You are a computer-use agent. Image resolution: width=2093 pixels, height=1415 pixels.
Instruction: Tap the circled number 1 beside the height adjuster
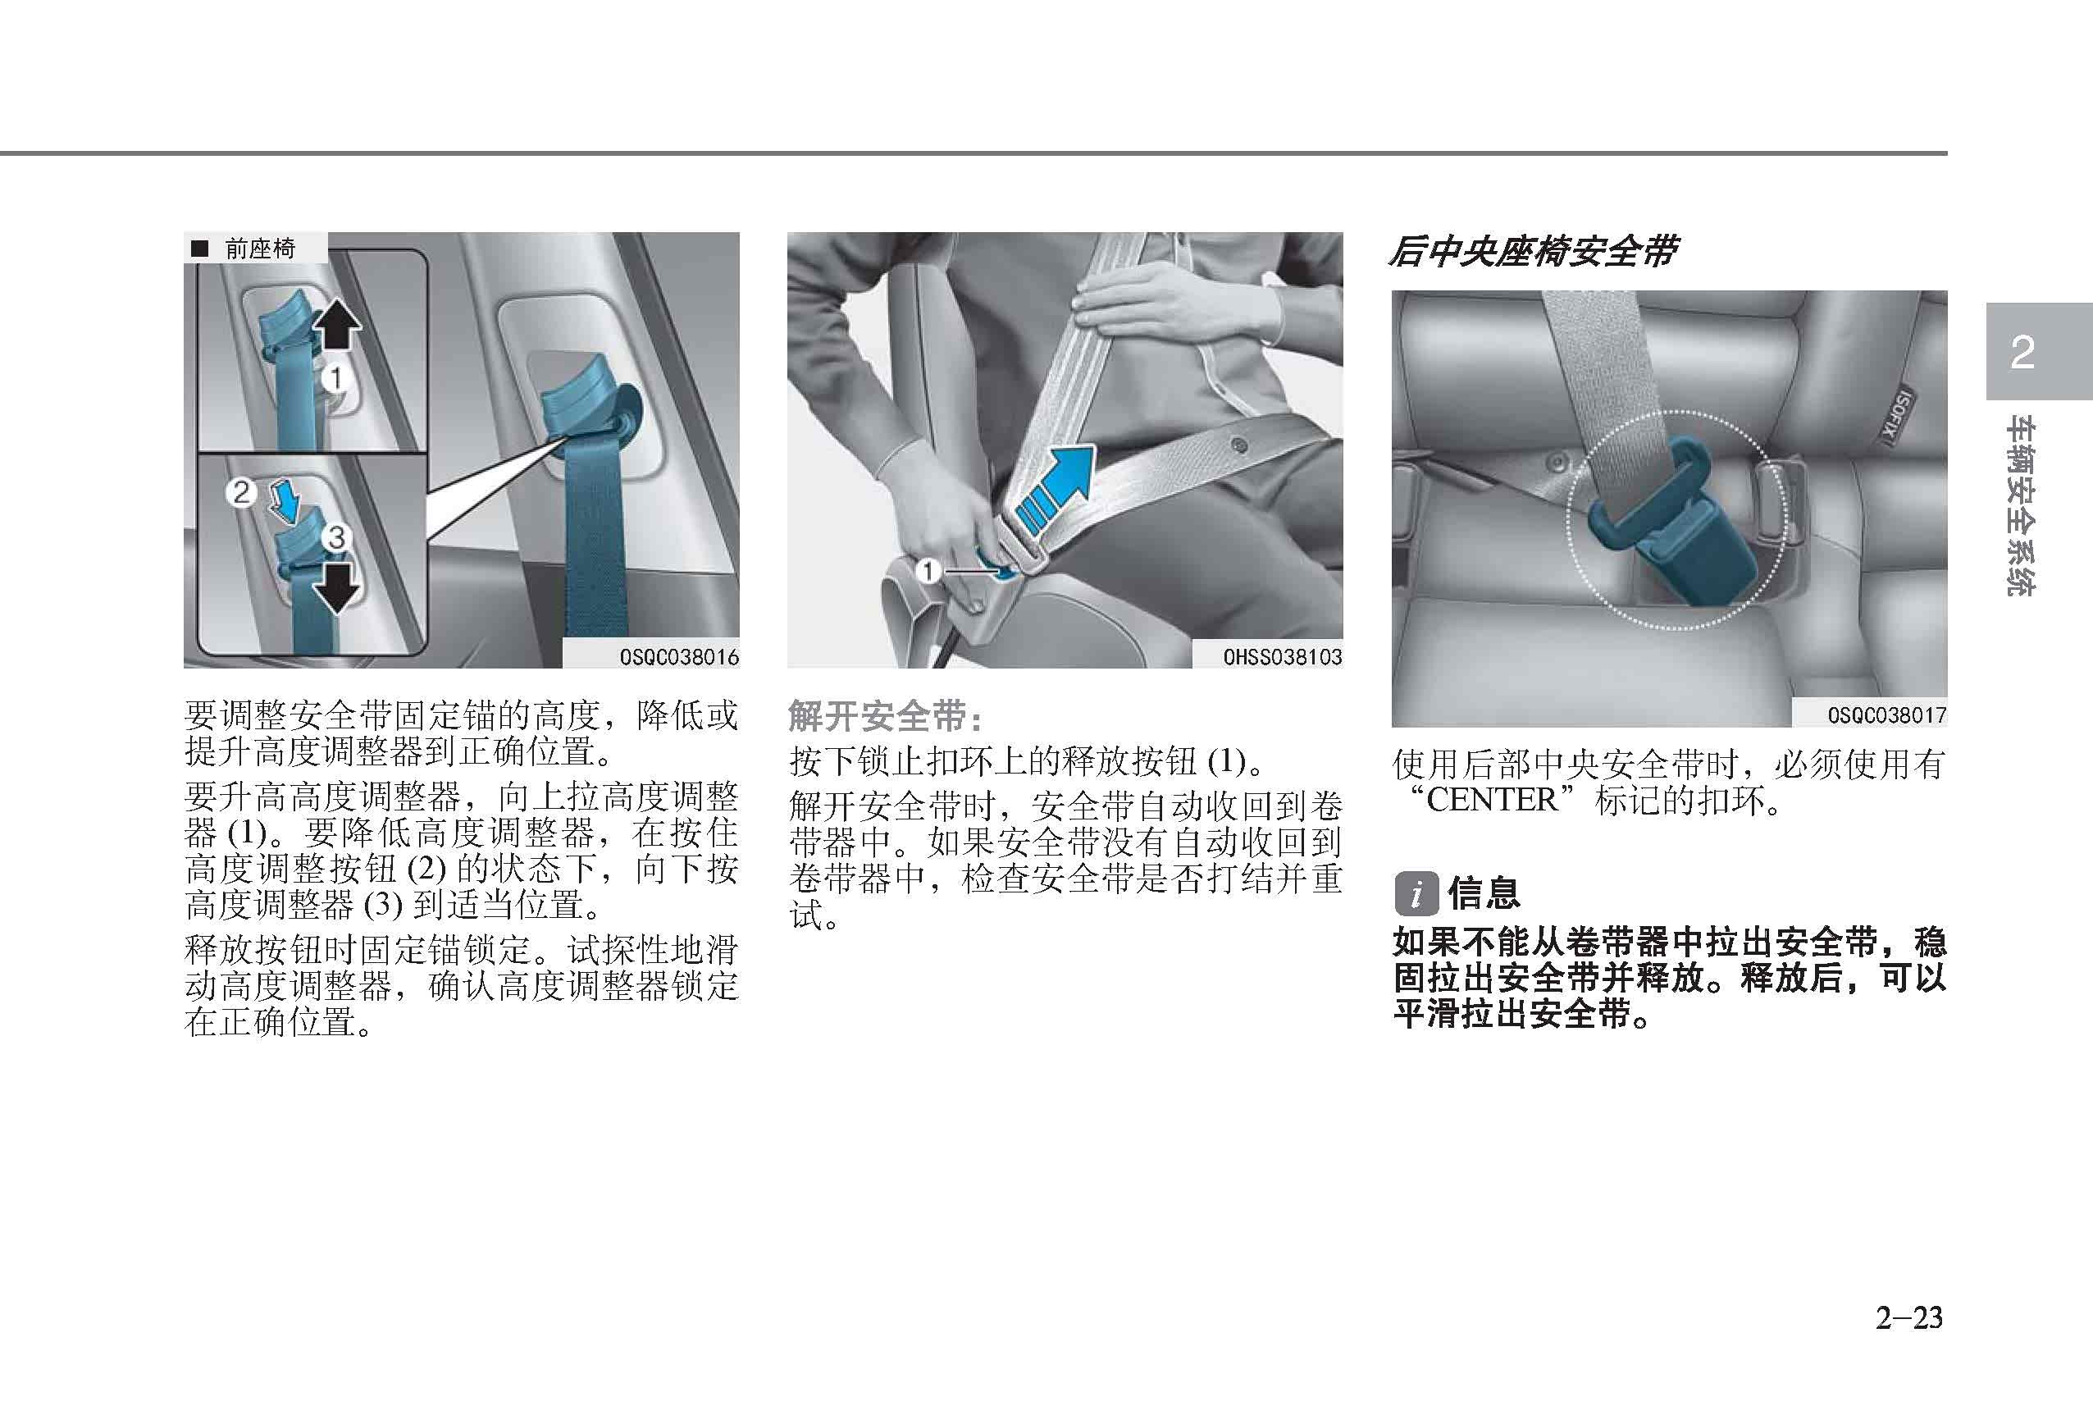click(x=336, y=378)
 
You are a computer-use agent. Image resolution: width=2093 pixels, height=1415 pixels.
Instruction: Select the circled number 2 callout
click(x=240, y=492)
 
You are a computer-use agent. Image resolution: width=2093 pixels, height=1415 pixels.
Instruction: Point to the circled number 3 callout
click(x=337, y=539)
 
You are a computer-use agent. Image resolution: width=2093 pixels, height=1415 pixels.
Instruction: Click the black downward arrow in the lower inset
click(x=336, y=587)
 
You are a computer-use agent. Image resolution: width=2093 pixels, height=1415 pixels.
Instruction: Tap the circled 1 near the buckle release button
click(x=928, y=570)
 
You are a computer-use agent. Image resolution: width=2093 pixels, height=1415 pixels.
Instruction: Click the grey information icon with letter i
click(x=1416, y=893)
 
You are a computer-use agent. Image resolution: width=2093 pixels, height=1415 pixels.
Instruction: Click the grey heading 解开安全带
click(x=884, y=716)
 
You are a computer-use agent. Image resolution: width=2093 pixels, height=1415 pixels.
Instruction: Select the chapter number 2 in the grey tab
click(x=2022, y=352)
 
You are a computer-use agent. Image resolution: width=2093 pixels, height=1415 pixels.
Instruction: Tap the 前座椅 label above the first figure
click(x=259, y=249)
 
